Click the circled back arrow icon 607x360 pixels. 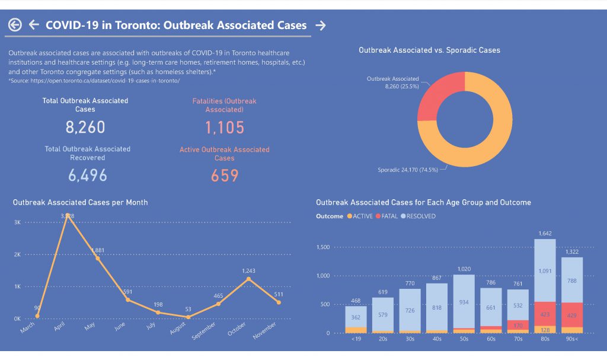15,25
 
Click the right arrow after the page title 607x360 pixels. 321,25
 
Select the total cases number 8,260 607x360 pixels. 85,127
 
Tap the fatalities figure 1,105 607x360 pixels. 225,127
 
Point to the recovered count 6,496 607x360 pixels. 87,175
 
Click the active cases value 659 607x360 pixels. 225,176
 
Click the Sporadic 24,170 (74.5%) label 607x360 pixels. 408,170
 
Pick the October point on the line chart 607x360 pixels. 248,279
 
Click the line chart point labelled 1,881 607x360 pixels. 98,258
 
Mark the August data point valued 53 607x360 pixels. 188,317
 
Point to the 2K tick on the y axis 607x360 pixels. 17,254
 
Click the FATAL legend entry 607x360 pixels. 386,216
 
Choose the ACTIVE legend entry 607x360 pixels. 360,216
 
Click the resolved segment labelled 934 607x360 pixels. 464,302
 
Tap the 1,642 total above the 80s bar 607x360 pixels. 545,234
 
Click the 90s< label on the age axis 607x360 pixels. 572,339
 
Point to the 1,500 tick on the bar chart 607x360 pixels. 322,247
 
